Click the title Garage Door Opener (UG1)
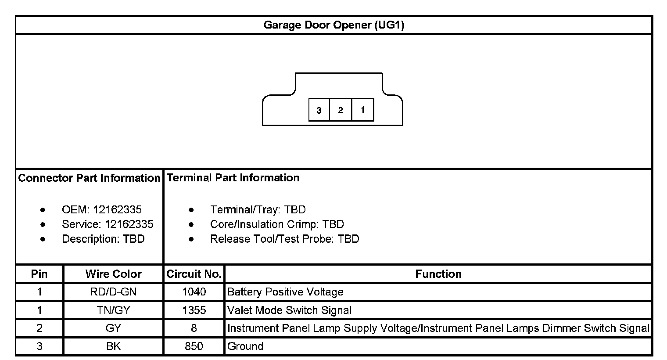[x=333, y=25]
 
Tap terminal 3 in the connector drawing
[x=319, y=110]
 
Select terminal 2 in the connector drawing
[x=341, y=110]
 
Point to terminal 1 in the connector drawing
[x=362, y=110]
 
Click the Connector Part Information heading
[x=89, y=178]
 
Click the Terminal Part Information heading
[x=233, y=178]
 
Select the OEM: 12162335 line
[x=102, y=209]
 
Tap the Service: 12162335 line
[x=108, y=224]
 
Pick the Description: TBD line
[x=103, y=239]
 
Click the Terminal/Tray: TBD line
[x=258, y=209]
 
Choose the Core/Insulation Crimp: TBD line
[x=277, y=224]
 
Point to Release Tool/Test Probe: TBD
[x=284, y=239]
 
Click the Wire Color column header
[x=113, y=274]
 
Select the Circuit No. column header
[x=194, y=274]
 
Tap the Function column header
[x=438, y=274]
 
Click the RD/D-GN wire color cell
[x=113, y=292]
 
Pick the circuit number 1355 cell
[x=194, y=310]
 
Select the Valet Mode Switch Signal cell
[x=290, y=310]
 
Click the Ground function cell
[x=245, y=346]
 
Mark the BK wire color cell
[x=113, y=346]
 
